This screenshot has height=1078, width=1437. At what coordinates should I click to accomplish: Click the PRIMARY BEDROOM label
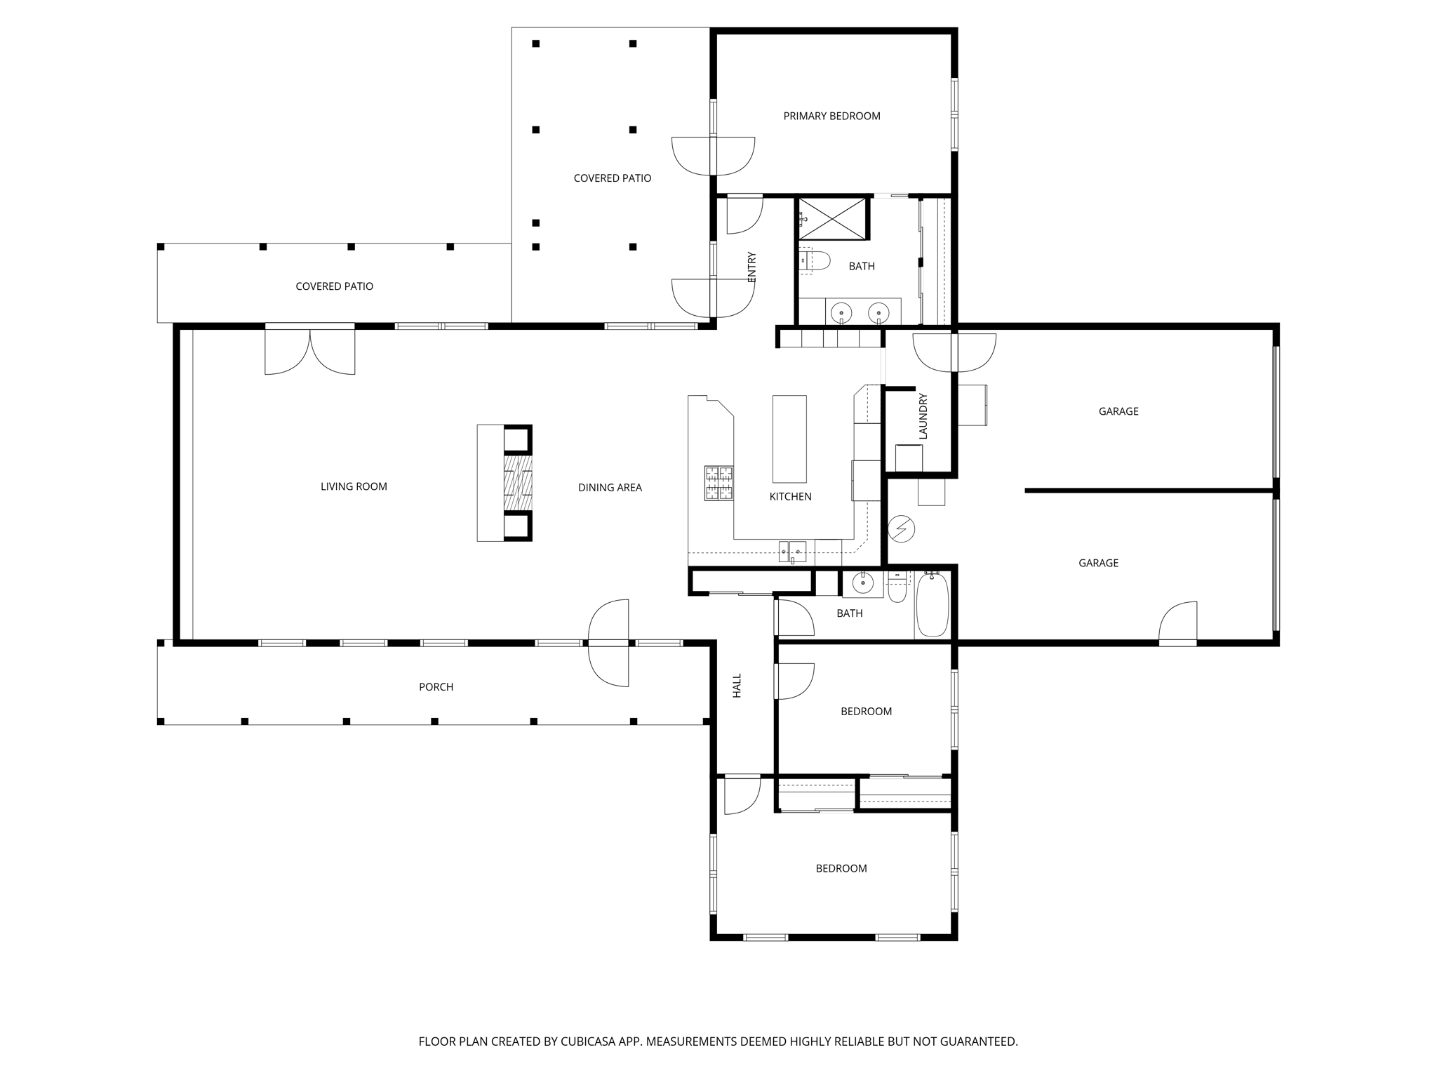pyautogui.click(x=831, y=116)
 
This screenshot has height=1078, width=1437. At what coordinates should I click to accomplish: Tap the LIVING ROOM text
pyautogui.click(x=354, y=486)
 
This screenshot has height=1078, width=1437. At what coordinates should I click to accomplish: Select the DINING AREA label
pyautogui.click(x=610, y=487)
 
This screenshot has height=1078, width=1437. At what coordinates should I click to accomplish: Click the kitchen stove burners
pyautogui.click(x=719, y=483)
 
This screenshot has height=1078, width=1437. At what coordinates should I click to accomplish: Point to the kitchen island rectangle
pyautogui.click(x=789, y=439)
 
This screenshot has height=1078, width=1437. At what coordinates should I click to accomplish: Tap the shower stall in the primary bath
pyautogui.click(x=832, y=219)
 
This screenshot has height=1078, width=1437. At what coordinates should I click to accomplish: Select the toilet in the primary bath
pyautogui.click(x=815, y=261)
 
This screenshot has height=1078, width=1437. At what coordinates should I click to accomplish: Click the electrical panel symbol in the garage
pyautogui.click(x=902, y=528)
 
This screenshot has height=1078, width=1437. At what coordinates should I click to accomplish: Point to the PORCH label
pyautogui.click(x=436, y=687)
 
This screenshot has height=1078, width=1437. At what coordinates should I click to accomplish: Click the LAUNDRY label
pyautogui.click(x=923, y=417)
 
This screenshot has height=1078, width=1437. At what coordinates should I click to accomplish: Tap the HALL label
pyautogui.click(x=737, y=686)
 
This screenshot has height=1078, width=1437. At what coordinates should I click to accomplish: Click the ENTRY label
pyautogui.click(x=751, y=267)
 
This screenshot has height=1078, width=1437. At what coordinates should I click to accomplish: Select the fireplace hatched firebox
pyautogui.click(x=518, y=483)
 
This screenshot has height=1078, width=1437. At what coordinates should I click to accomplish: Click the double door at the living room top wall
pyautogui.click(x=309, y=351)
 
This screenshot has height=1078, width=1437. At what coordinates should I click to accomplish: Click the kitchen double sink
pyautogui.click(x=793, y=552)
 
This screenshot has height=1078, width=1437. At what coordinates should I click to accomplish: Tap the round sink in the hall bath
pyautogui.click(x=862, y=583)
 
